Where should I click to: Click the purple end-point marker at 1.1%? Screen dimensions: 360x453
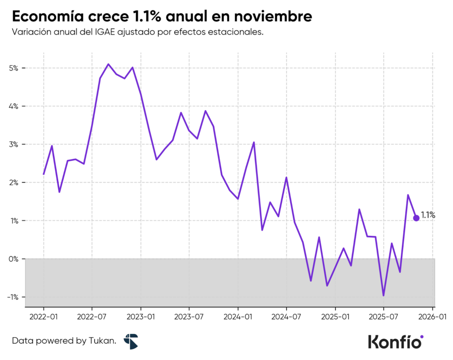point(416,218)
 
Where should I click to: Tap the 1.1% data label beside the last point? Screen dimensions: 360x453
point(428,216)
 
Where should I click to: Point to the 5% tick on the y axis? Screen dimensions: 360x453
point(14,68)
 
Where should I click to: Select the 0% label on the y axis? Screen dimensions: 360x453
point(14,259)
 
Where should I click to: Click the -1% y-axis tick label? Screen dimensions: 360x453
point(13,297)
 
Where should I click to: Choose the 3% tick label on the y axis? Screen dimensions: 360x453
point(14,144)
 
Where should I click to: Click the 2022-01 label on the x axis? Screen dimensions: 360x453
point(43,317)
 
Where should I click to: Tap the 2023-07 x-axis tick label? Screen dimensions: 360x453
point(189,317)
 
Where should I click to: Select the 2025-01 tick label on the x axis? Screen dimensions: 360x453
point(335,317)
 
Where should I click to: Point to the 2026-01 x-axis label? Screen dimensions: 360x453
point(432,317)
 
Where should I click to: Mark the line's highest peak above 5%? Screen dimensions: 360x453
point(108,64)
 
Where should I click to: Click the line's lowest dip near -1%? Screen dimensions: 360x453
point(384,295)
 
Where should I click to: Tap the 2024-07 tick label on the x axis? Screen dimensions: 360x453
point(286,317)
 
